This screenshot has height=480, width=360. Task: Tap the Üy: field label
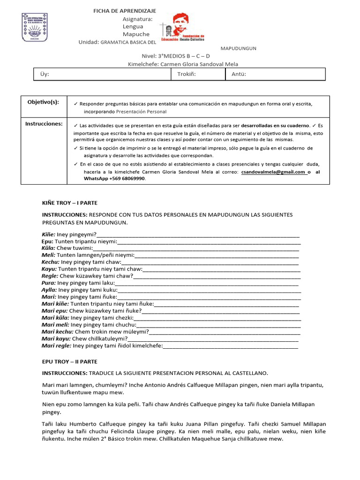click(x=45, y=74)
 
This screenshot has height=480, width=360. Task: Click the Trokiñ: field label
click(x=186, y=74)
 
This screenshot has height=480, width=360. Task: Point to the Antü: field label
click(x=239, y=74)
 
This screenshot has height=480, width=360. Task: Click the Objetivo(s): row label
click(x=43, y=102)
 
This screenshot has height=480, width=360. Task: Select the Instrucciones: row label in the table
click(x=44, y=124)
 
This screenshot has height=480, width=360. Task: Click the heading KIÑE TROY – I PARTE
click(x=69, y=203)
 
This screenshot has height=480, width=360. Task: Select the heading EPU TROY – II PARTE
click(x=69, y=362)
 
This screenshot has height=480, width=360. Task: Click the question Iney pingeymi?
click(x=76, y=234)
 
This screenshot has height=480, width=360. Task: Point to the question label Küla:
click(x=48, y=248)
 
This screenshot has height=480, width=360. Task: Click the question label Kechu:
click(x=50, y=262)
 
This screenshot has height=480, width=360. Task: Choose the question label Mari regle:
click(x=56, y=346)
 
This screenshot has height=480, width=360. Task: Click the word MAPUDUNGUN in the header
click(x=238, y=48)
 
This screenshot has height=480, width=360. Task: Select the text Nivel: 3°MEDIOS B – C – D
click(x=172, y=56)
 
